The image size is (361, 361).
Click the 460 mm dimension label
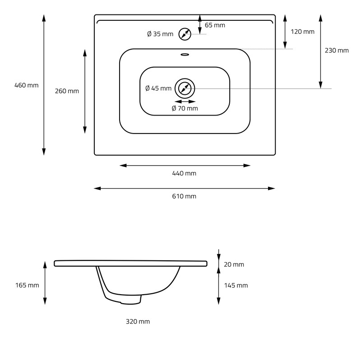click(27, 85)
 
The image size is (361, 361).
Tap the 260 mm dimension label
click(67, 91)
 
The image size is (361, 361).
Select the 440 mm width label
click(185, 173)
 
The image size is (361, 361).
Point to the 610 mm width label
click(185, 196)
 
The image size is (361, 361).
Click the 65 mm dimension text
click(215, 25)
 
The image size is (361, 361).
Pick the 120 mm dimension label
click(302, 32)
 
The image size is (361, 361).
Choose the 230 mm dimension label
click(337, 51)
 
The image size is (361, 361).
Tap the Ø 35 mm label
click(160, 34)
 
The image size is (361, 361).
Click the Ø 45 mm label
click(158, 88)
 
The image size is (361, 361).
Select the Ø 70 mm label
click(185, 108)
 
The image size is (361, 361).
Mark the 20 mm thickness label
click(234, 264)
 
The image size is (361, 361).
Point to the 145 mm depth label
click(236, 285)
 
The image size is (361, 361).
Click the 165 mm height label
click(27, 285)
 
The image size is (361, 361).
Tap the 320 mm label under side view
click(138, 322)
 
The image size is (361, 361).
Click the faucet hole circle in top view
click(185, 34)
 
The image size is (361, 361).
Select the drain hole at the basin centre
click(185, 88)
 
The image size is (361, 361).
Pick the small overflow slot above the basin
click(185, 55)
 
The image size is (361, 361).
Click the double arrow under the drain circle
click(185, 102)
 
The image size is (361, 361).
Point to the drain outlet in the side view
click(131, 300)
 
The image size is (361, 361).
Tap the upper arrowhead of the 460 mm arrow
click(44, 18)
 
